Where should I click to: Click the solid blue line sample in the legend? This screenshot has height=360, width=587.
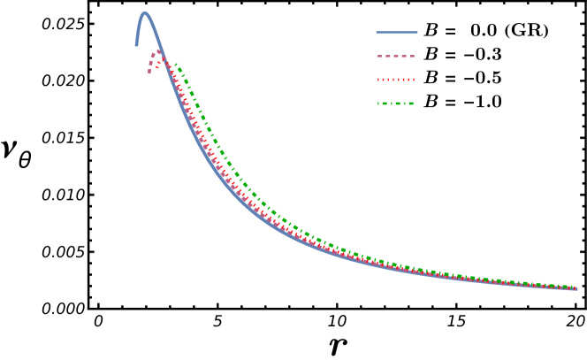[397, 33]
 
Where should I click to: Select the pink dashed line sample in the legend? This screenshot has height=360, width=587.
[396, 56]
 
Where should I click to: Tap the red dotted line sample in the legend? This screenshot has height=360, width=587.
[396, 80]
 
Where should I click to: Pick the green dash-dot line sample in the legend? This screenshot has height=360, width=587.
[396, 103]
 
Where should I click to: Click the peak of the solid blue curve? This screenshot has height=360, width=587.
[145, 13]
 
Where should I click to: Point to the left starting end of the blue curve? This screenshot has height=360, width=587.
[136, 45]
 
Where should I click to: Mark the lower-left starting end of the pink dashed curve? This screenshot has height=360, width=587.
[149, 73]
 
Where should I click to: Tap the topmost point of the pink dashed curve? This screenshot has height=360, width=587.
[157, 52]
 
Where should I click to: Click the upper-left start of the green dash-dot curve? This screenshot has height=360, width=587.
[176, 65]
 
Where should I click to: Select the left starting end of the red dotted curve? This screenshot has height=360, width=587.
[160, 54]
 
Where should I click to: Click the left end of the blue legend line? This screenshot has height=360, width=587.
[377, 33]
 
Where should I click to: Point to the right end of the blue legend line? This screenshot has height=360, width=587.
[417, 33]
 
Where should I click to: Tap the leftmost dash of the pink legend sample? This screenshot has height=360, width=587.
[380, 56]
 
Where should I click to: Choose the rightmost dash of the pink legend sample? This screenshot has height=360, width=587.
[411, 56]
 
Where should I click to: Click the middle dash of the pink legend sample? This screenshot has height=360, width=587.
[396, 56]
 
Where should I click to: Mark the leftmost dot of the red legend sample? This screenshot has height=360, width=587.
[379, 80]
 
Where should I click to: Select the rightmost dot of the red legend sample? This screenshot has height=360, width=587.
[413, 80]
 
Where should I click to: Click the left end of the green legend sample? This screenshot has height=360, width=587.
[379, 103]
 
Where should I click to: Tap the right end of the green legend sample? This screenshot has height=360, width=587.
[413, 103]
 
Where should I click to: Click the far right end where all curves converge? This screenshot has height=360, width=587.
[576, 288]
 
